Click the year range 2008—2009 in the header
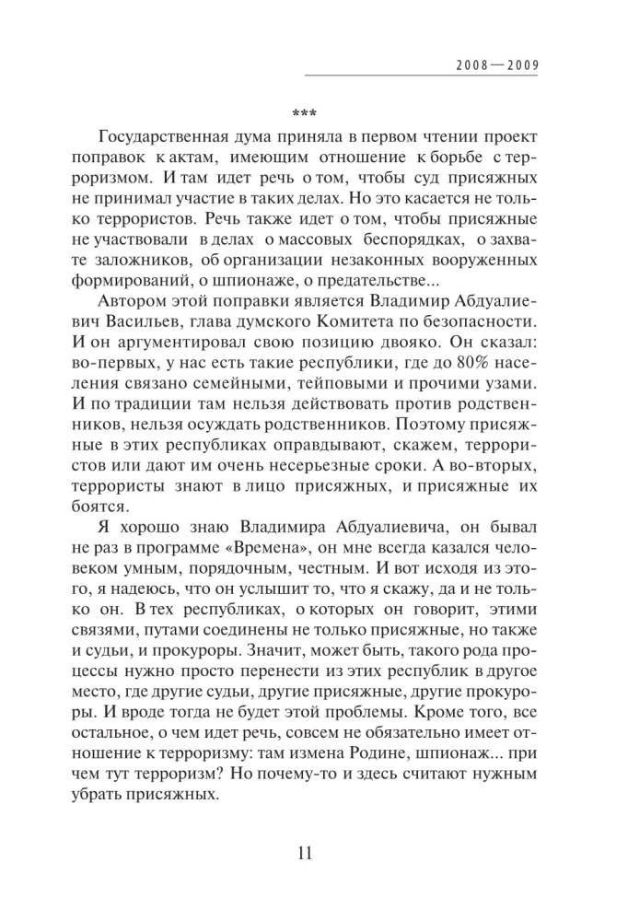click(x=496, y=66)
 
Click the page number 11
click(x=305, y=852)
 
